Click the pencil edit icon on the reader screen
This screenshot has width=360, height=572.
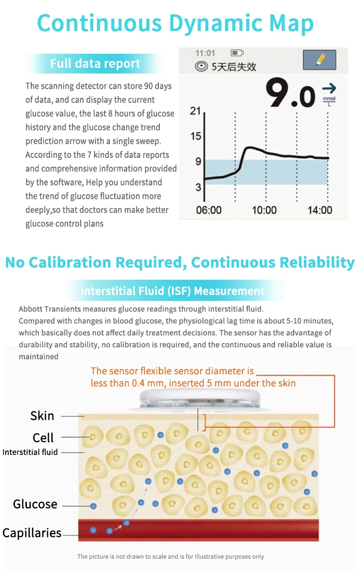click(319, 60)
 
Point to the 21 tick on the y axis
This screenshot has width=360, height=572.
click(195, 111)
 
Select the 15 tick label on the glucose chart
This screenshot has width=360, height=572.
click(195, 136)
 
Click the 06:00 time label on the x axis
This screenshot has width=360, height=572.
click(209, 210)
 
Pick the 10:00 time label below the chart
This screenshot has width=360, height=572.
click(264, 210)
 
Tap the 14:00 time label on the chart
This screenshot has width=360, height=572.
click(320, 210)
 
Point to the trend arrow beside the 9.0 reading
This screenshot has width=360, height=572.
click(329, 89)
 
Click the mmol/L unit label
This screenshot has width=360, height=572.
click(329, 101)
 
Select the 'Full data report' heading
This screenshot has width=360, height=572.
click(95, 64)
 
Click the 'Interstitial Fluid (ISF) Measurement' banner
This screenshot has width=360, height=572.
click(173, 291)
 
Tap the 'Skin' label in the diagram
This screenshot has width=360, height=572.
click(42, 416)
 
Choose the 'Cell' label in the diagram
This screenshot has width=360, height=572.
click(43, 438)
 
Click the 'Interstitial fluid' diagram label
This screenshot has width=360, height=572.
click(30, 452)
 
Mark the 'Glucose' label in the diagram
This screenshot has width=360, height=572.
click(35, 504)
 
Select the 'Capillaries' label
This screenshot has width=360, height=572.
click(32, 533)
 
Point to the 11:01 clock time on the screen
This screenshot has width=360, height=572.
click(205, 53)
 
